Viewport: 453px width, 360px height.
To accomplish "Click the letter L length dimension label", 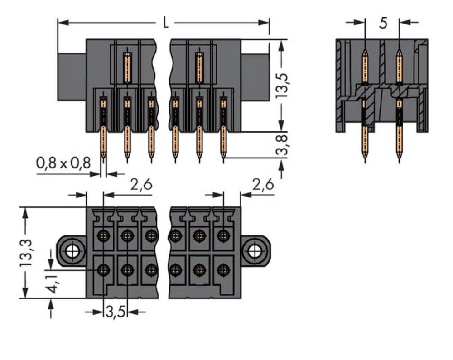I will pyautogui.click(x=166, y=23).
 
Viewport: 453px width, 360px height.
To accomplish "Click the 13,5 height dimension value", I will pyautogui.click(x=284, y=85).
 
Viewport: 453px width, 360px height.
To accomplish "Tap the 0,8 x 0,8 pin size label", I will pyautogui.click(x=63, y=163).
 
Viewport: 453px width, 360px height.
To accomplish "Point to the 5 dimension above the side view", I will pyautogui.click(x=383, y=23).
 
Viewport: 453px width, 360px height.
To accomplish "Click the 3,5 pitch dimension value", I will pyautogui.click(x=115, y=312).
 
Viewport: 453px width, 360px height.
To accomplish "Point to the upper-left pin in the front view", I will pyautogui.click(x=128, y=68).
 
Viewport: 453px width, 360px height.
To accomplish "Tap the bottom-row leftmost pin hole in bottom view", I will pyautogui.click(x=104, y=270).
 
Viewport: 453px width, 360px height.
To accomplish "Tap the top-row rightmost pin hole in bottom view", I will pyautogui.click(x=222, y=235).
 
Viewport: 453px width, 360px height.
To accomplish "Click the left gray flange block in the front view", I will pyautogui.click(x=72, y=77).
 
